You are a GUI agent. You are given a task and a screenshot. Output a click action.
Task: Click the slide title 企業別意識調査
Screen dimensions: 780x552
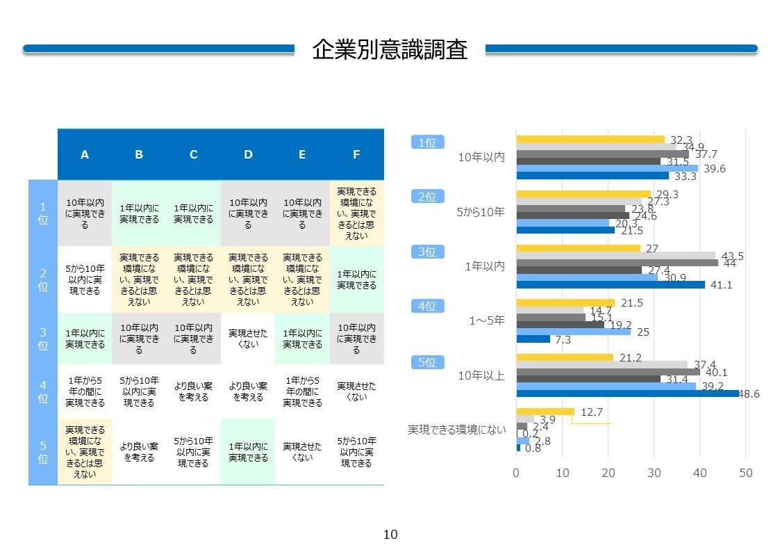[x=390, y=49]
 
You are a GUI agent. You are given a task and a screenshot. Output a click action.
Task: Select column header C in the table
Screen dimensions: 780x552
[x=194, y=155]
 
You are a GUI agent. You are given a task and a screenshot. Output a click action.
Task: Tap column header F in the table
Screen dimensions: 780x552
[x=357, y=155]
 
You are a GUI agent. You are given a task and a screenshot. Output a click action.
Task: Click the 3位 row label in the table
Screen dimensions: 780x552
[x=43, y=339]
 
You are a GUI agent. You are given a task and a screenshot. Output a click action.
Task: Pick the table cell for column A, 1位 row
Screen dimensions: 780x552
[x=85, y=213]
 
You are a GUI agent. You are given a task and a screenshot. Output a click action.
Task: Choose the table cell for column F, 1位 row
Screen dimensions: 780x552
[x=357, y=213]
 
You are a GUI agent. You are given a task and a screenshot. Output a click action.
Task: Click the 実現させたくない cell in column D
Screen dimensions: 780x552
[x=248, y=339]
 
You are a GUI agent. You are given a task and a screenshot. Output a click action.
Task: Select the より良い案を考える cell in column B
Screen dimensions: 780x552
[x=140, y=451]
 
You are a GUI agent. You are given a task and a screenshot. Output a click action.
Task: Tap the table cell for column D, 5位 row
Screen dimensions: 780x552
[x=248, y=451]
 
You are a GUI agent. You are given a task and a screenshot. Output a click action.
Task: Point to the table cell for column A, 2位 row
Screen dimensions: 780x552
[x=85, y=279]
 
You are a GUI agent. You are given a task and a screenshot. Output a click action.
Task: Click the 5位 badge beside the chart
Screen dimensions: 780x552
[x=427, y=362]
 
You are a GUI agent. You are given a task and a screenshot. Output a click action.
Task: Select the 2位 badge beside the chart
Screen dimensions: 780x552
[x=427, y=197]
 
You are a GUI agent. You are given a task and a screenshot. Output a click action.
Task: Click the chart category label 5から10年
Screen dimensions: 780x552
[x=481, y=212]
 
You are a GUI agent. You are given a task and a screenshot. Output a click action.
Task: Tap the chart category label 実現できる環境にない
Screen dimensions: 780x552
[x=456, y=430]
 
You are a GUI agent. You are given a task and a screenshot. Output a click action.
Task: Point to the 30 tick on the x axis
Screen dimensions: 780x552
[x=654, y=473]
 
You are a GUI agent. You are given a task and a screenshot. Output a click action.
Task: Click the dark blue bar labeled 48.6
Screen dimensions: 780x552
[x=628, y=393]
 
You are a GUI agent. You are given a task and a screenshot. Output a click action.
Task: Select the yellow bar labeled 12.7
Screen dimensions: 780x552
[x=545, y=412]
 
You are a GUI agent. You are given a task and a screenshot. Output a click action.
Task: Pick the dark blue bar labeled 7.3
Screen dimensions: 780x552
[x=533, y=339]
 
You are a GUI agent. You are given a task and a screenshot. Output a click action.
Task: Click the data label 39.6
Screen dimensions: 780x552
[x=714, y=169]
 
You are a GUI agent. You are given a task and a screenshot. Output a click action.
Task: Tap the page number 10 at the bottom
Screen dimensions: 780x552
[x=390, y=535]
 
